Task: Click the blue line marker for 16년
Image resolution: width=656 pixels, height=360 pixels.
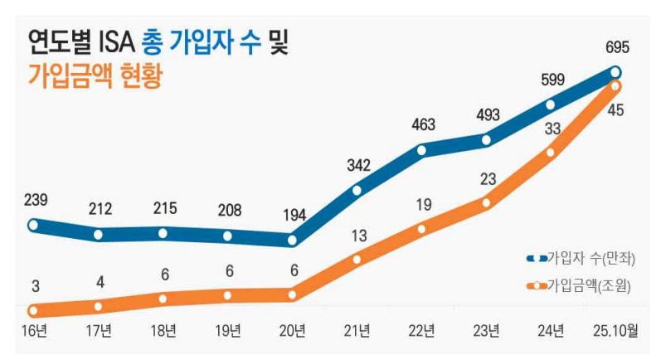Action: pos(34,225)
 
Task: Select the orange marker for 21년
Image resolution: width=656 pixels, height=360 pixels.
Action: pos(357,259)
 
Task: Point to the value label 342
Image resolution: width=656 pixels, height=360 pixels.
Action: pos(357,165)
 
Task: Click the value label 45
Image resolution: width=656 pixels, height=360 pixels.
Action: pos(616,110)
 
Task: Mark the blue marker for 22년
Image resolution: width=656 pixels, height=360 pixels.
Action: pos(422,151)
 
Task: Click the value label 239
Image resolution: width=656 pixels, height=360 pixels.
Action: pos(36,199)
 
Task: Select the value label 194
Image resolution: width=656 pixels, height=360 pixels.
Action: pos(293,215)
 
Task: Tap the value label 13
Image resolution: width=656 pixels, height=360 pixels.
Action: pos(358,236)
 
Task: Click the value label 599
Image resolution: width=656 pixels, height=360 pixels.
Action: pos(552,80)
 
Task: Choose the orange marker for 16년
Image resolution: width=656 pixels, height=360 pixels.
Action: pos(34,311)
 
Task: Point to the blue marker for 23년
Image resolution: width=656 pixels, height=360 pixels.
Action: pos(487,139)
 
